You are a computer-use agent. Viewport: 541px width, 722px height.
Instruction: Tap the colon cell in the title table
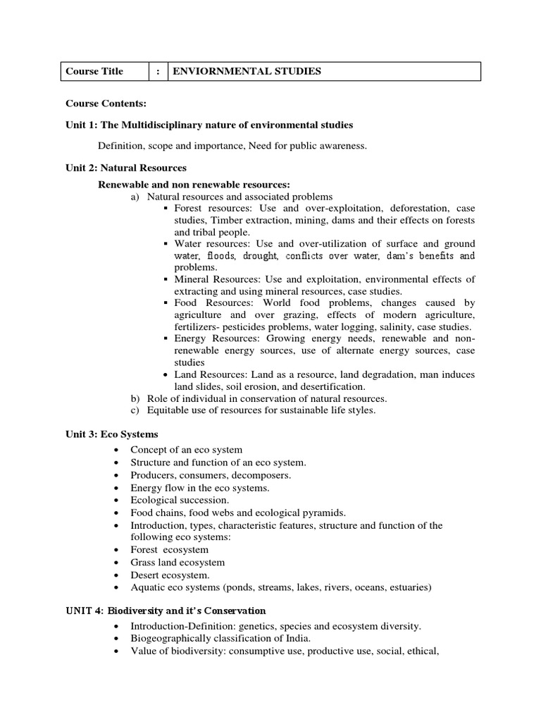tap(158, 71)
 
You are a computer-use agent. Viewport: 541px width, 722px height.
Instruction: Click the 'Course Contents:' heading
tap(106, 104)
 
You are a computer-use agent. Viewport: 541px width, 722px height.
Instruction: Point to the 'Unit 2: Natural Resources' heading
tap(126, 168)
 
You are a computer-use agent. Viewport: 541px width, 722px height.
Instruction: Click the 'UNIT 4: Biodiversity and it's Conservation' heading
tap(166, 610)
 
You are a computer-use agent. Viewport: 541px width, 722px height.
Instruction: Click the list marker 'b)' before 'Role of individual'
tap(136, 398)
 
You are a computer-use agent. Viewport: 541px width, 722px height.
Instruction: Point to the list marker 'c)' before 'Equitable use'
tap(136, 410)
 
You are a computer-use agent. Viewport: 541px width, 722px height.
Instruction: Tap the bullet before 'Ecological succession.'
tap(116, 500)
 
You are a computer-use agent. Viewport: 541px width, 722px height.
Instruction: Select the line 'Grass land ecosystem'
tap(178, 562)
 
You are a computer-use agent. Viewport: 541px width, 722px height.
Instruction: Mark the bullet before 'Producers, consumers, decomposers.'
tap(116, 475)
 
